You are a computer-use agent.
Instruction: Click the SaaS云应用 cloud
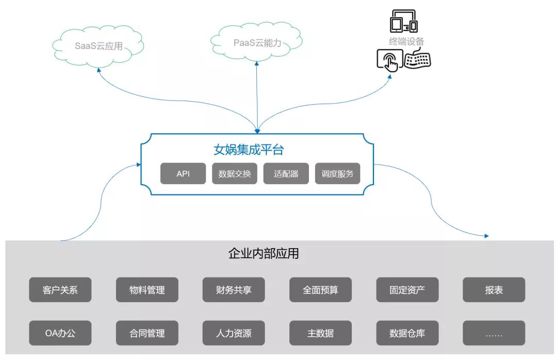[99, 46]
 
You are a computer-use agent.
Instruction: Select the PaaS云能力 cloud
[257, 43]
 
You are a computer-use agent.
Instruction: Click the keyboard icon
[417, 60]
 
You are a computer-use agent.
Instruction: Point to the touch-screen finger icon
[389, 61]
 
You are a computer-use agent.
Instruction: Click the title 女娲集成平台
[249, 150]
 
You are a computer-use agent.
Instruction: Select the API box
[183, 174]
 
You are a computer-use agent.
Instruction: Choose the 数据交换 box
[235, 174]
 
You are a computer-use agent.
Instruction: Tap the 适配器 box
[286, 174]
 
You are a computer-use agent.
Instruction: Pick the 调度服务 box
[338, 174]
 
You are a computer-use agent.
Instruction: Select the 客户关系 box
[60, 290]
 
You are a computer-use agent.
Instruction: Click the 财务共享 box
[234, 290]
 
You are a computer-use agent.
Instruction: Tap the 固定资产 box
[407, 290]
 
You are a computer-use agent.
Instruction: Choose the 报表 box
[494, 290]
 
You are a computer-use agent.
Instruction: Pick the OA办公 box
[60, 333]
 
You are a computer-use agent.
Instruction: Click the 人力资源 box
[234, 333]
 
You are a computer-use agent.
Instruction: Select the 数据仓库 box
[407, 333]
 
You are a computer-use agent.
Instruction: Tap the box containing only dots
[494, 333]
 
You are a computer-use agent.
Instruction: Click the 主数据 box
[320, 333]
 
